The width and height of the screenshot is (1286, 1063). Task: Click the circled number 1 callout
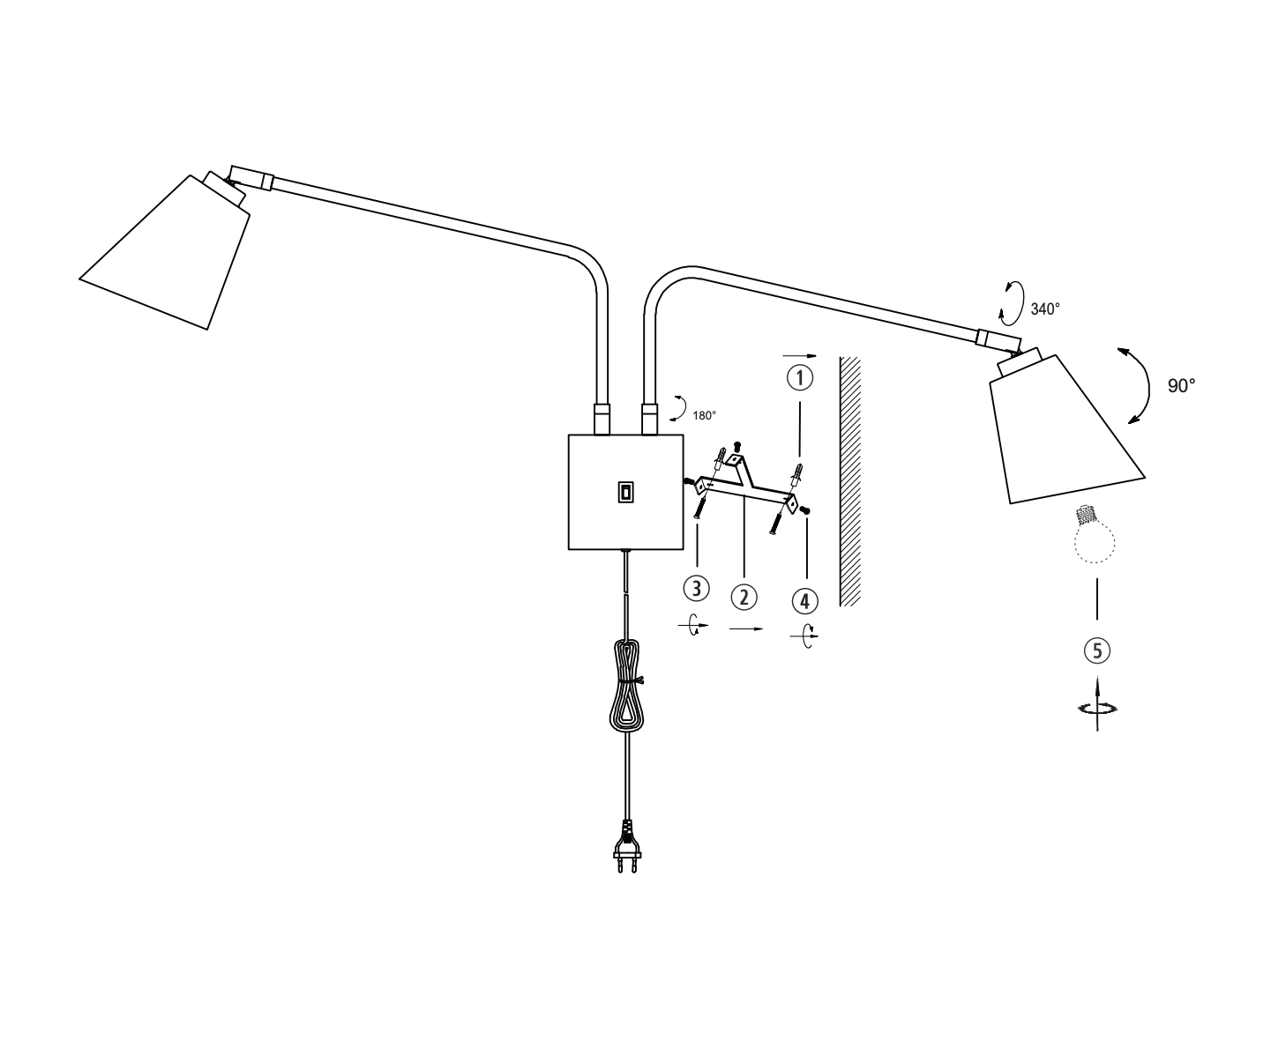tap(800, 378)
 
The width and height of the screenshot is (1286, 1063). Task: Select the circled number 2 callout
tap(744, 597)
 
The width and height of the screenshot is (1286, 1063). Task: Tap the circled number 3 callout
tap(698, 588)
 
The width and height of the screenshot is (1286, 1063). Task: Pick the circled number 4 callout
tap(804, 602)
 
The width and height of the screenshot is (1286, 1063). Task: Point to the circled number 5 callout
tap(1096, 651)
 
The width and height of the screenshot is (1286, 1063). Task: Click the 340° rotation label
tap(1045, 309)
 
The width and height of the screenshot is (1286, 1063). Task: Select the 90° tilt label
tap(1181, 385)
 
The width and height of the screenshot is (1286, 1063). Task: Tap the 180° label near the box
tap(704, 415)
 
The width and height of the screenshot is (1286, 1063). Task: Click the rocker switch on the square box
tap(625, 492)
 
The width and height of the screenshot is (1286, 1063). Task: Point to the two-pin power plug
tap(626, 848)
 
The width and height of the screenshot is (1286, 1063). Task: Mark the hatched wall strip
tap(849, 481)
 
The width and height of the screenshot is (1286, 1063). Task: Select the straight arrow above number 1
tap(800, 356)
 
